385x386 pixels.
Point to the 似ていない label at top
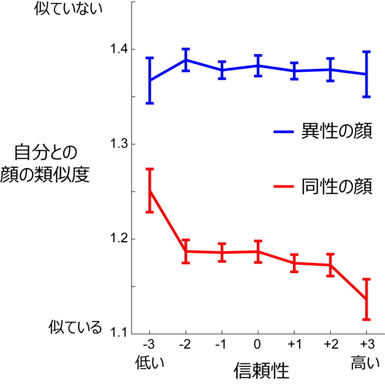tap(69, 9)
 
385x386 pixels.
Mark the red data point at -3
tap(150, 191)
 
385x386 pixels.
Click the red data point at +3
tap(366, 299)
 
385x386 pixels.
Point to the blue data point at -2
tap(186, 59)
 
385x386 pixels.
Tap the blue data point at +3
tap(366, 74)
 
